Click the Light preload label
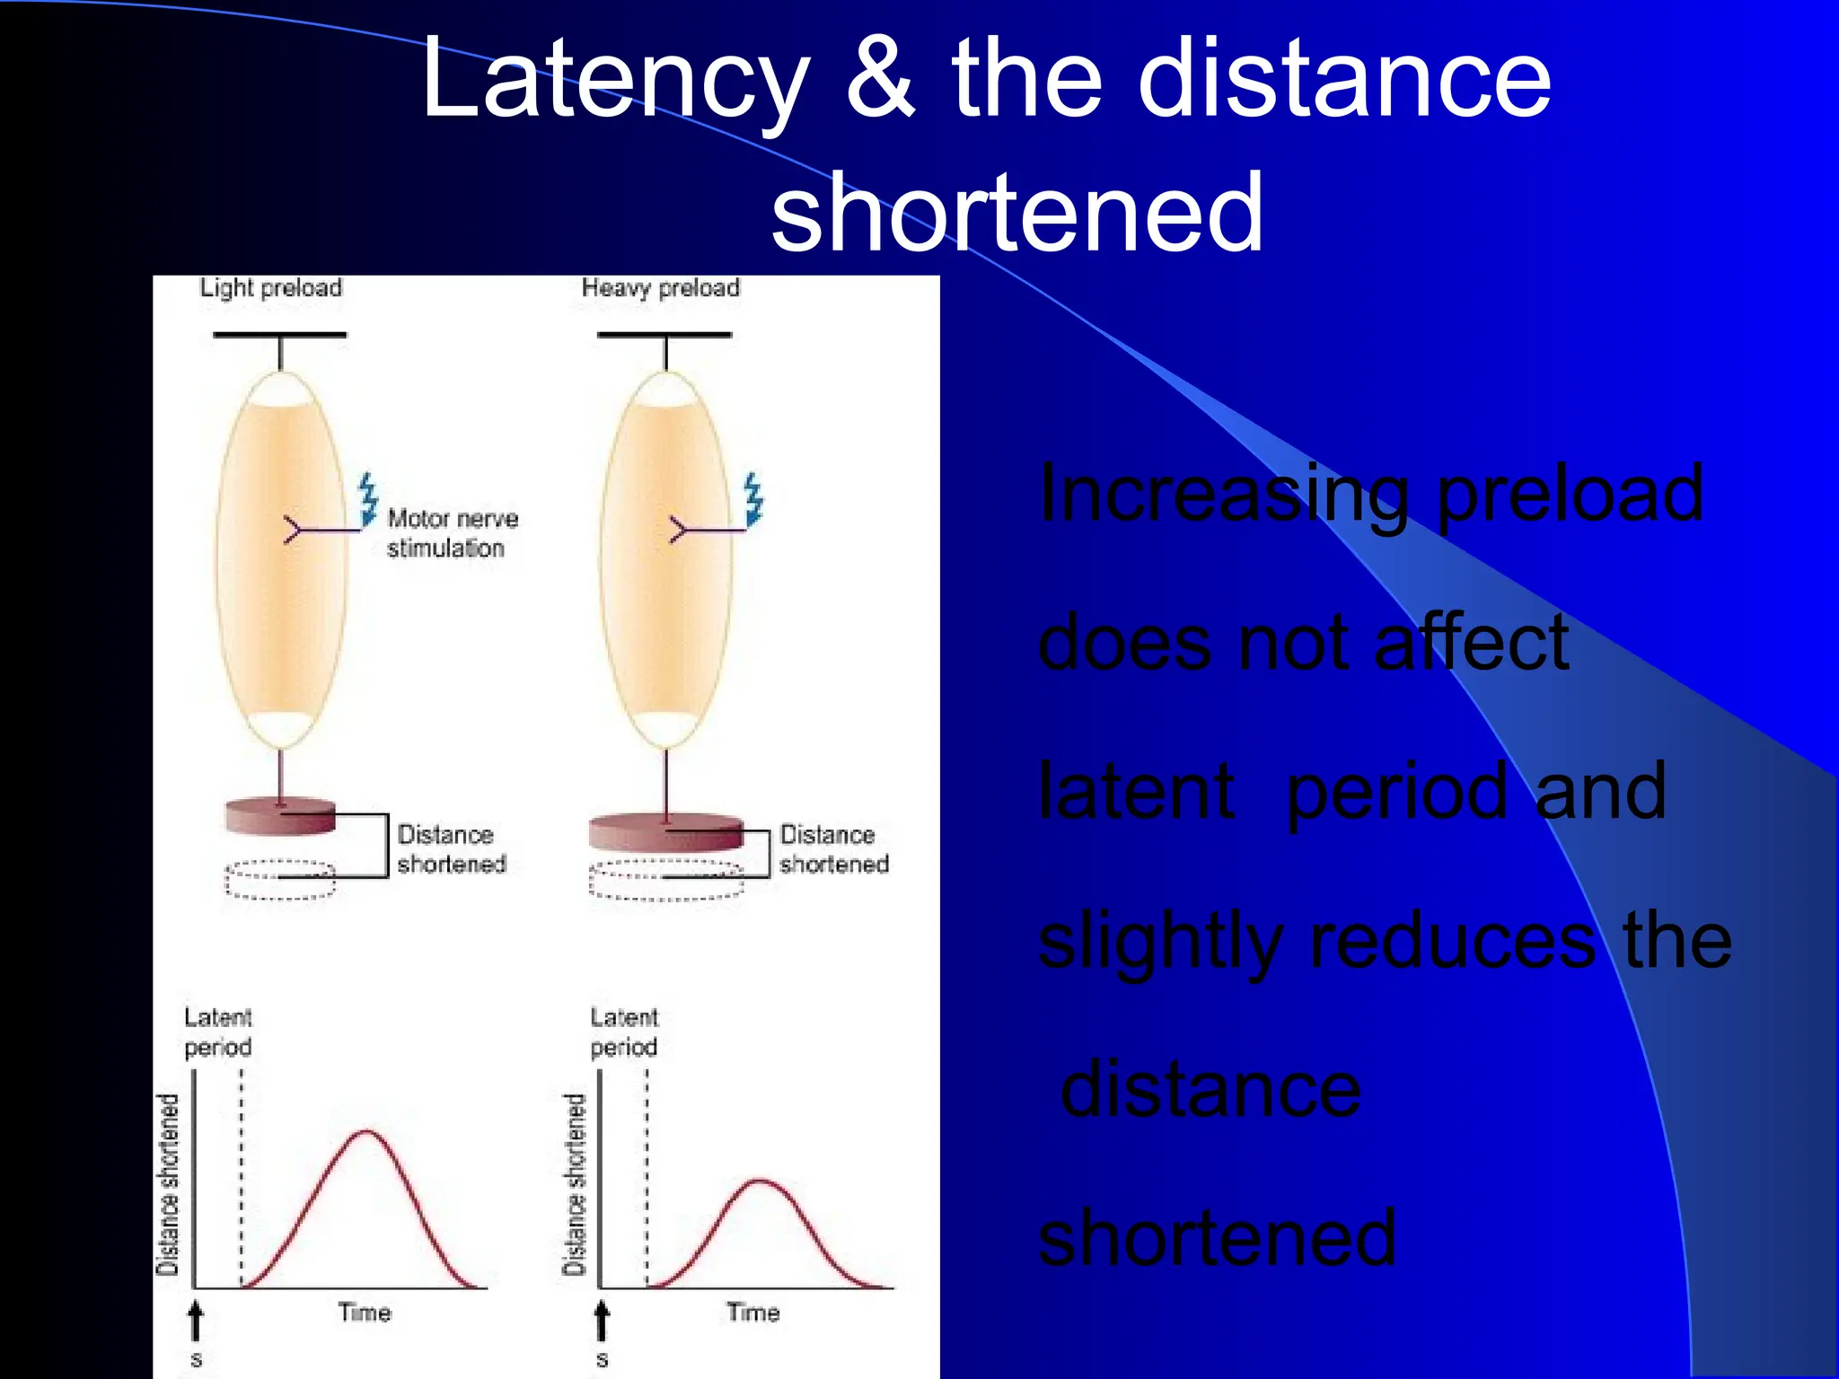click(270, 288)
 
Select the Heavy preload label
click(660, 288)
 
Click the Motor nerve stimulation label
click(452, 533)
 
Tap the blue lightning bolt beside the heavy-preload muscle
click(753, 499)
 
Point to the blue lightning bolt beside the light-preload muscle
click(368, 499)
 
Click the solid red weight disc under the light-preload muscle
click(280, 815)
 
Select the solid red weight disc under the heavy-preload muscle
click(665, 831)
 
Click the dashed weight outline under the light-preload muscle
click(280, 880)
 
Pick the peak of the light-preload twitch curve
click(366, 1132)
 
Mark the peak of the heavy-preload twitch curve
click(760, 1181)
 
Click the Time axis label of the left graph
click(365, 1313)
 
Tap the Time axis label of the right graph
click(752, 1313)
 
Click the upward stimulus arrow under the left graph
click(196, 1322)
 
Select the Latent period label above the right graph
click(624, 1032)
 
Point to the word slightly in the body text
click(1159, 943)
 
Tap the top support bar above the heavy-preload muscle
click(664, 335)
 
